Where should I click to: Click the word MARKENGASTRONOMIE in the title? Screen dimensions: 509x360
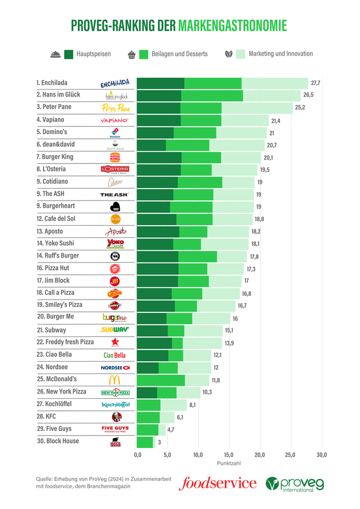coord(232,26)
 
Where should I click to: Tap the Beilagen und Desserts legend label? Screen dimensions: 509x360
coord(179,54)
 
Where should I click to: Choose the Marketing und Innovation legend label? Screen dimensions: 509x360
coord(280,54)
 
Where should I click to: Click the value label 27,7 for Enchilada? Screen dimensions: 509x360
coord(315,83)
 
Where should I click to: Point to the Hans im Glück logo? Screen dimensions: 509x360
coord(116,96)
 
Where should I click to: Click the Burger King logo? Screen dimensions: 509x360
coord(115,157)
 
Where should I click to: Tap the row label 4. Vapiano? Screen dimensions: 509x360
coord(50,120)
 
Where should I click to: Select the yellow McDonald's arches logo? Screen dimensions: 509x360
coord(115,380)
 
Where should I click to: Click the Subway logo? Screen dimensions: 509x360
coord(115,330)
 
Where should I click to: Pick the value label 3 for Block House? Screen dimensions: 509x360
coord(160,442)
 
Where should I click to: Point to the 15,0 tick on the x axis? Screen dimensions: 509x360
coord(229,455)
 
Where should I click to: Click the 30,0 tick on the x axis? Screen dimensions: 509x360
coord(321,455)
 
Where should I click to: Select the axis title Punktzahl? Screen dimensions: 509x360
coord(228,464)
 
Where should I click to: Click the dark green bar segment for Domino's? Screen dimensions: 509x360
coord(155,133)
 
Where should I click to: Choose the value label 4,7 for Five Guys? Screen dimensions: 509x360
coord(171,430)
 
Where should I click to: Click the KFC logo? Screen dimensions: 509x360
coord(115,417)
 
